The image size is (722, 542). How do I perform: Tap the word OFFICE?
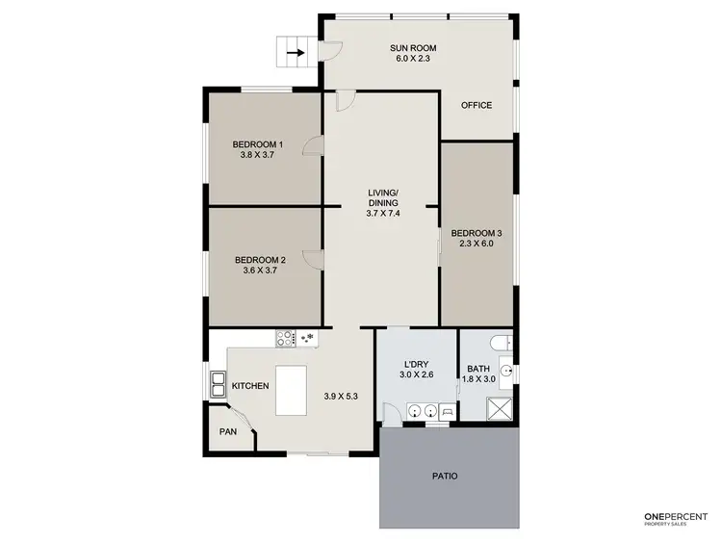point(477,105)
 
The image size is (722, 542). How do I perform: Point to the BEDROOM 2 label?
point(260,260)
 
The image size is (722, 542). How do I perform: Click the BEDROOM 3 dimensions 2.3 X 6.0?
point(477,244)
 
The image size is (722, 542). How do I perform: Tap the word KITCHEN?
point(250,386)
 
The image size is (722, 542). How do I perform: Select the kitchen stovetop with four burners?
point(286,338)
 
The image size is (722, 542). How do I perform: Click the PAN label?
point(228,431)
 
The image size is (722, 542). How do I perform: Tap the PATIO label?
point(444,476)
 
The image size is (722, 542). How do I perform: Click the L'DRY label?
point(416,364)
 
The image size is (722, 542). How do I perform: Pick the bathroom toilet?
point(500,342)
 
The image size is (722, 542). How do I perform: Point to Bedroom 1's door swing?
point(313,146)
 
